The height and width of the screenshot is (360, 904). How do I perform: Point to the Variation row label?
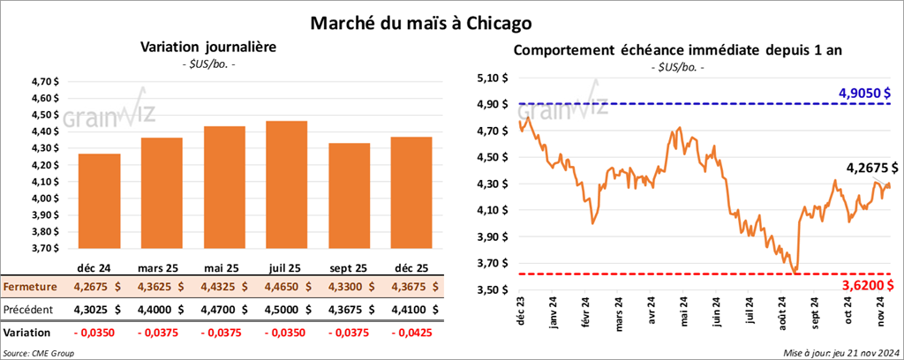pyautogui.click(x=26, y=333)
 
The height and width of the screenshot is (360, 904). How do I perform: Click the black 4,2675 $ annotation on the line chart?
pyautogui.click(x=870, y=168)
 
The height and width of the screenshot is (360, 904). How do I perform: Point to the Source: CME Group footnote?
pyautogui.click(x=37, y=353)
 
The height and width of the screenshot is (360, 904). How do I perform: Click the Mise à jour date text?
pyautogui.click(x=841, y=353)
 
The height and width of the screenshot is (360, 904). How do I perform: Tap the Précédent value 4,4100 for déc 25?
pyautogui.click(x=400, y=310)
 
